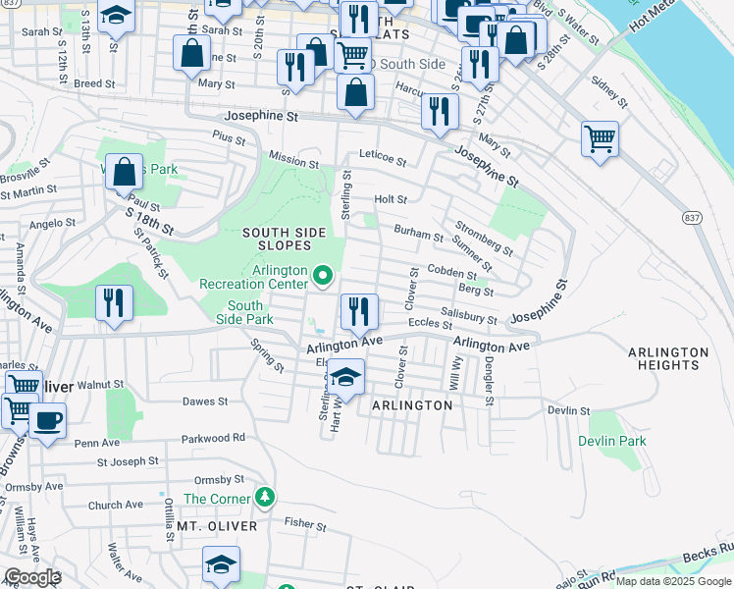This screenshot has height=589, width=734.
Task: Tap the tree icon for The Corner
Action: coord(264,498)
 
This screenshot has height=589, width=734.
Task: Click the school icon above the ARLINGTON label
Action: coord(344,376)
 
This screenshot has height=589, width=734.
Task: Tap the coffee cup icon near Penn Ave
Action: coord(46,420)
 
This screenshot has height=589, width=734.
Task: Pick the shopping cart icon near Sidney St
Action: coord(600,137)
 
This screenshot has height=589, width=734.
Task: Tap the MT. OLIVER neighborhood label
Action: coord(217,526)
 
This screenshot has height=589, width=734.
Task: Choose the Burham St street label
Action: coord(419,234)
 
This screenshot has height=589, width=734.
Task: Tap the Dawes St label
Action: coord(205,402)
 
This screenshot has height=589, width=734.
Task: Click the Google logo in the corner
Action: coord(31,577)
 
